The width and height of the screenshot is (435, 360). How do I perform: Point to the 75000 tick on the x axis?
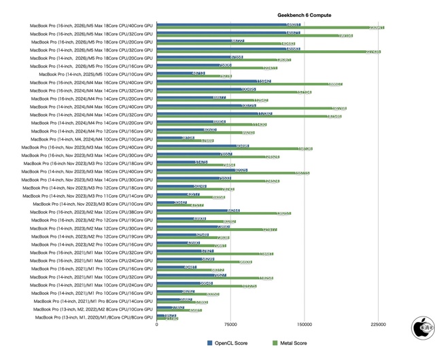230,325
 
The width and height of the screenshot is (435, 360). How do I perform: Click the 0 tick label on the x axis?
157,325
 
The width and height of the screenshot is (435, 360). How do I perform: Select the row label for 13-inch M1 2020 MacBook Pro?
94,317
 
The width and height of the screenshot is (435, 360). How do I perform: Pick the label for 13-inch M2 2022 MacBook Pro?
93,309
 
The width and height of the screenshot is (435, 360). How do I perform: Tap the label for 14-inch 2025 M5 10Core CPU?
96,74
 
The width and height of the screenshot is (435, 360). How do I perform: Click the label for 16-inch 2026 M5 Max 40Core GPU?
91,25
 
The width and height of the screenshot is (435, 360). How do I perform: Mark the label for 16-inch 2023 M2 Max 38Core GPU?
91,212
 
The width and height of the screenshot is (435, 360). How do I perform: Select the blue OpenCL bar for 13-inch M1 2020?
167,315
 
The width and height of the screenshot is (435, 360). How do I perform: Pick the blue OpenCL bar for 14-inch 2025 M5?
181,73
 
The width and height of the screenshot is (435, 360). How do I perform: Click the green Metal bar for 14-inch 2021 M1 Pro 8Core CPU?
182,302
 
